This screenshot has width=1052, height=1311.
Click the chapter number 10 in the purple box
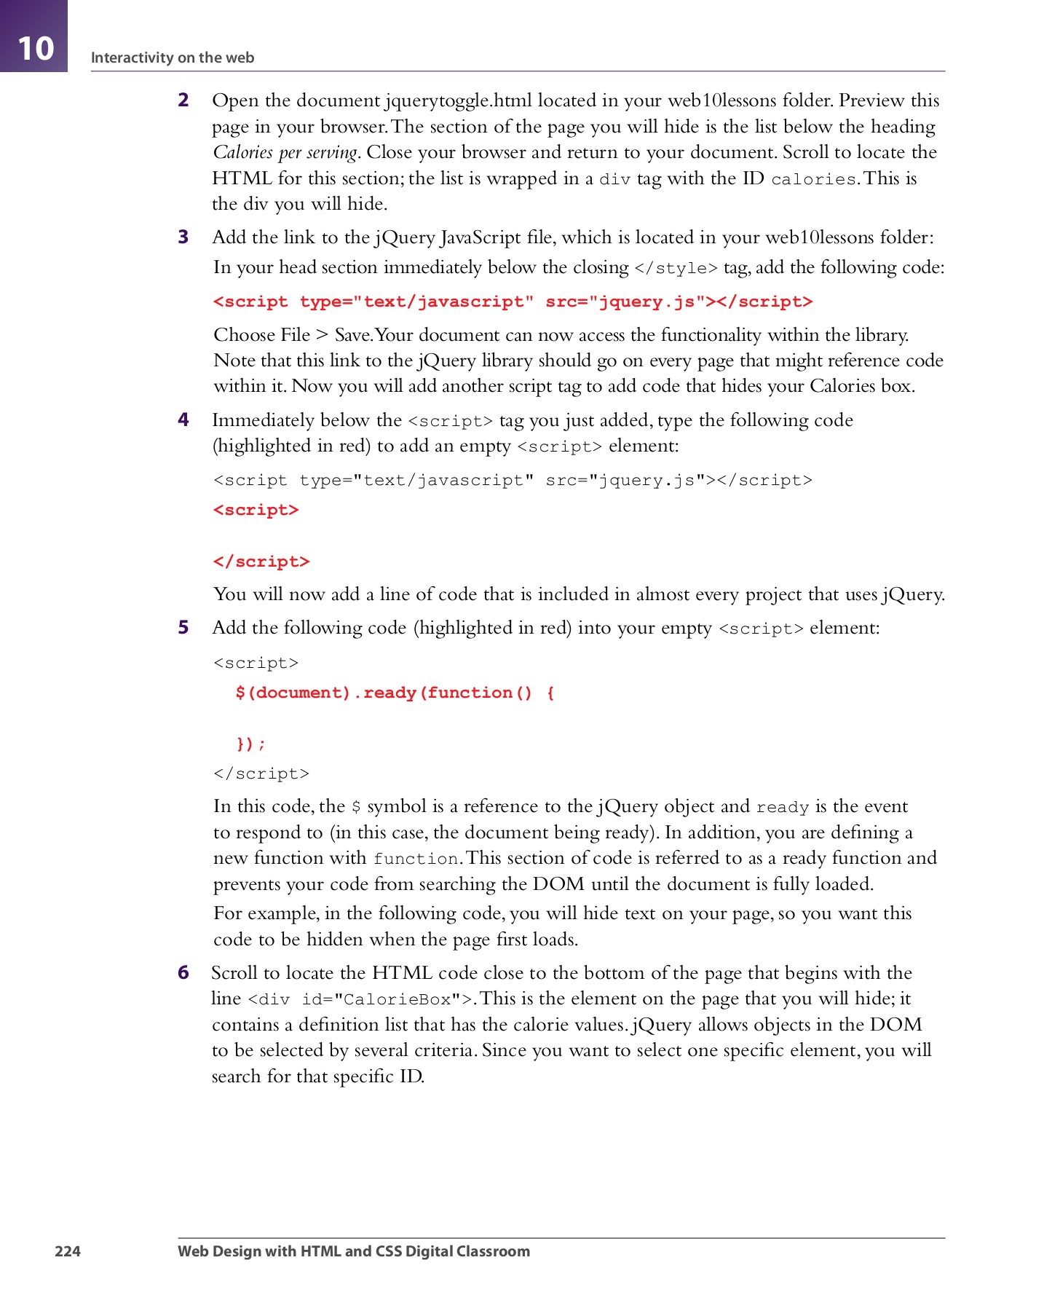click(x=35, y=48)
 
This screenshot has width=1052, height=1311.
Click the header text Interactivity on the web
click(x=172, y=58)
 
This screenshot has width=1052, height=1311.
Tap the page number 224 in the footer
click(x=67, y=1251)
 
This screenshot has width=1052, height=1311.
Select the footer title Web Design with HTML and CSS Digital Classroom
click(x=354, y=1251)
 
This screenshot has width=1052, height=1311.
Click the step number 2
click(x=183, y=100)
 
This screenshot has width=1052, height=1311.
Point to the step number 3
click(x=183, y=237)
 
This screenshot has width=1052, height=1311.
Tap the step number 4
click(x=183, y=420)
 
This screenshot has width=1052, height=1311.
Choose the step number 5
click(x=183, y=627)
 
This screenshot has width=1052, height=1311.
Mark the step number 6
click(x=183, y=972)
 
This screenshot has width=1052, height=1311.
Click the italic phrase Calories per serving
click(x=285, y=152)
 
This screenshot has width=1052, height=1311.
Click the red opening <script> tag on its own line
click(x=256, y=510)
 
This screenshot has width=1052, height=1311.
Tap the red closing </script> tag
click(x=261, y=562)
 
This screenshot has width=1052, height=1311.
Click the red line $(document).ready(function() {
click(x=395, y=693)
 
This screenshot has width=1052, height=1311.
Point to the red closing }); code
click(x=250, y=744)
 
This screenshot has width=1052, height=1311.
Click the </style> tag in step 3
click(x=676, y=268)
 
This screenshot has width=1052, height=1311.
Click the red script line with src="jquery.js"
click(x=513, y=302)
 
